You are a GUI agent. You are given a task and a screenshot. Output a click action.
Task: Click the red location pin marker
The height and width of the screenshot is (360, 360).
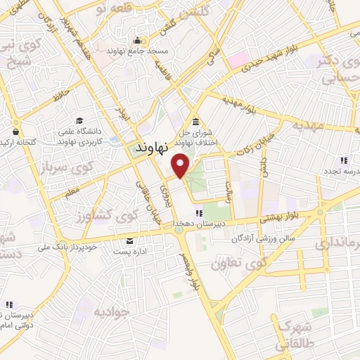tap(181, 165)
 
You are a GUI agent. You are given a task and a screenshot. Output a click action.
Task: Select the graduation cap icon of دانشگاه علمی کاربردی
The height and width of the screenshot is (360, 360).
tap(79, 120)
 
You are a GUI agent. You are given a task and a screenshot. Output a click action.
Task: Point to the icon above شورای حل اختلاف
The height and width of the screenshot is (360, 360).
tap(194, 119)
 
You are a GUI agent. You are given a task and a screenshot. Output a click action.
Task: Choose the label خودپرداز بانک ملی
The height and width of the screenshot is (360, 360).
tap(67, 247)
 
